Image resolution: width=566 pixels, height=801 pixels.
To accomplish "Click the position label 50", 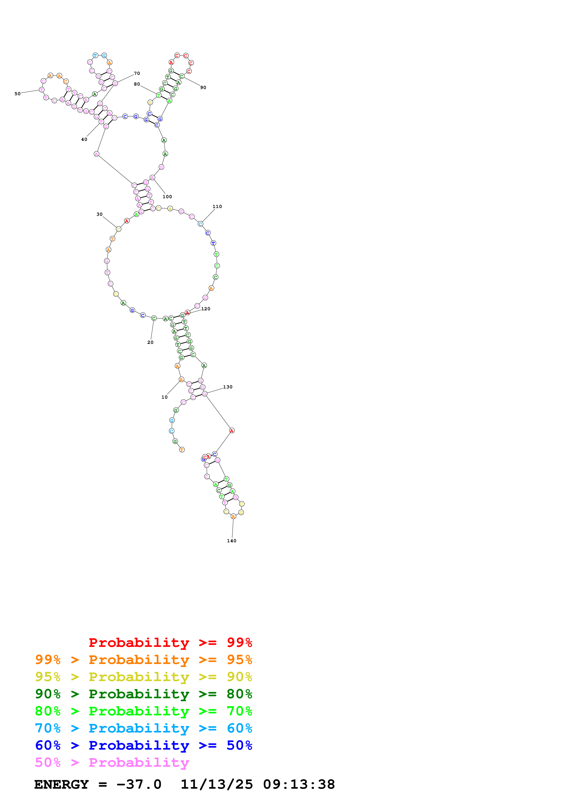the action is (17, 93).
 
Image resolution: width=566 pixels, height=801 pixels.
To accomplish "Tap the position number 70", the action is (137, 73).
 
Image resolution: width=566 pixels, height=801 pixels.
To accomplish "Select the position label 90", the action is (203, 87).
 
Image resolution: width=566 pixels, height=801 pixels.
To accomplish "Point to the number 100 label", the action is (167, 197).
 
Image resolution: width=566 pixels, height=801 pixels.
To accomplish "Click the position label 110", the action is (217, 207).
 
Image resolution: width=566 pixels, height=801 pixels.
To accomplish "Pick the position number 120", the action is (206, 309).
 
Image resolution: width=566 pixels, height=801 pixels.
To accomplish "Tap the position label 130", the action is (228, 387).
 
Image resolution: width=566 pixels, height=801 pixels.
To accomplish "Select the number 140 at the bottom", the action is (232, 541).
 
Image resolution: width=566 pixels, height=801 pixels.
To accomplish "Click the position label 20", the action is (150, 342).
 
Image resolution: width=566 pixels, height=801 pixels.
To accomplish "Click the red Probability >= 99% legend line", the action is (170, 642).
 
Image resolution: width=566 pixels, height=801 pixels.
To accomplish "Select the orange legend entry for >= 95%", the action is (143, 659).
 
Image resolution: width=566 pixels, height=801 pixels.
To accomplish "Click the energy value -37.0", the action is (139, 784).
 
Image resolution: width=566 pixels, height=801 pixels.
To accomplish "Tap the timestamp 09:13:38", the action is (299, 784).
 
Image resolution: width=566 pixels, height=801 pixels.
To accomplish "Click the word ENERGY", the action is (61, 784).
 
